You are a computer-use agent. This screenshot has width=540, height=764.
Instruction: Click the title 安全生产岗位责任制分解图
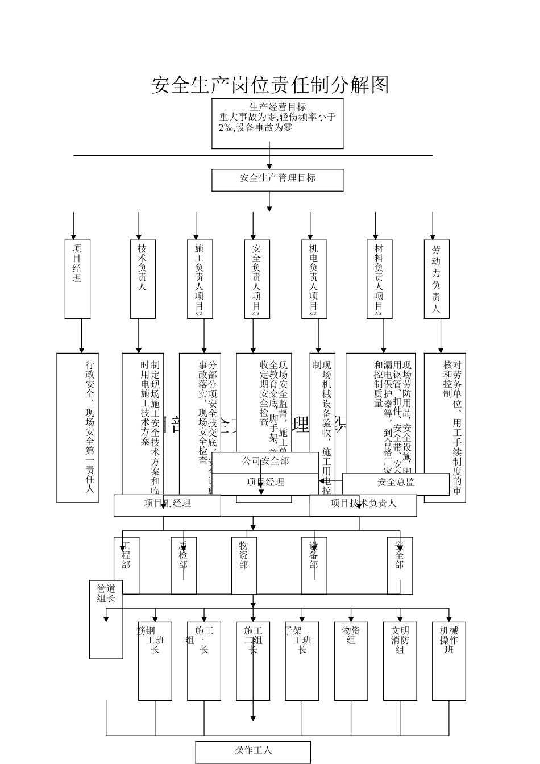(x=270, y=85)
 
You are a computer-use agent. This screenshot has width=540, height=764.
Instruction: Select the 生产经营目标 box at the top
(x=277, y=123)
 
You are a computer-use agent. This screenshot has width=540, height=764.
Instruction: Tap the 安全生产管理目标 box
(x=277, y=180)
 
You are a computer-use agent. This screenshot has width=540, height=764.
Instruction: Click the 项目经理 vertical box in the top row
(x=77, y=279)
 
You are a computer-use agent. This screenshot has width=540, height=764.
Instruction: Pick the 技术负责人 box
(x=143, y=279)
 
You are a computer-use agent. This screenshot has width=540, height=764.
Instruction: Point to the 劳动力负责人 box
(x=436, y=279)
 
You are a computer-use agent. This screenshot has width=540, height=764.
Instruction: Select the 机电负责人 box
(x=314, y=279)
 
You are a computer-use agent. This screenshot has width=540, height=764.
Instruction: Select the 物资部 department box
(x=244, y=565)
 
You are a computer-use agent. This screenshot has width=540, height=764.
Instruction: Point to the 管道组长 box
(x=106, y=619)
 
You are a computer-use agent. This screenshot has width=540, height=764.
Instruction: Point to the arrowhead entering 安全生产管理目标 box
(x=269, y=165)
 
